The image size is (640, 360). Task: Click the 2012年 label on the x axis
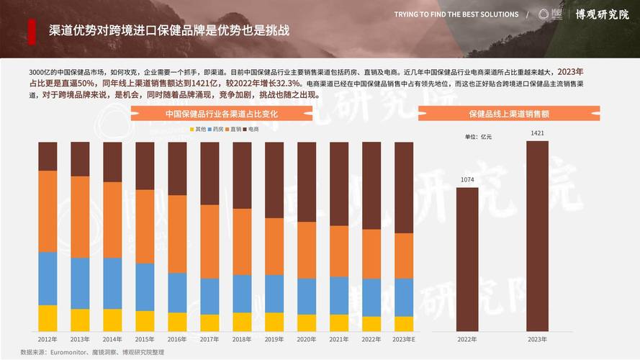pos(48,338)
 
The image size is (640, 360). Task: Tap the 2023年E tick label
pos(404,338)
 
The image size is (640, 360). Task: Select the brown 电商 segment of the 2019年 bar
pos(274,180)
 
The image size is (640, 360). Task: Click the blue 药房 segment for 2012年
pos(48,278)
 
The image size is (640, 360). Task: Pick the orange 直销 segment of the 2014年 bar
pos(112,220)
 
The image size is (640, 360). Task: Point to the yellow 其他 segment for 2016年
pos(177,322)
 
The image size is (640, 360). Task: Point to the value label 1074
pos(467,180)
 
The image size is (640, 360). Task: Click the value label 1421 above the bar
pos(537,133)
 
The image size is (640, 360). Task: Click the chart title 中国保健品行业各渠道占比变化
pos(221,114)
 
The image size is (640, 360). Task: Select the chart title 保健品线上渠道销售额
pos(509,114)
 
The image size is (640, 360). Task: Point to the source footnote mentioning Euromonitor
pos(93,352)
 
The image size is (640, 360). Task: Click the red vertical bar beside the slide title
pos(32,31)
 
